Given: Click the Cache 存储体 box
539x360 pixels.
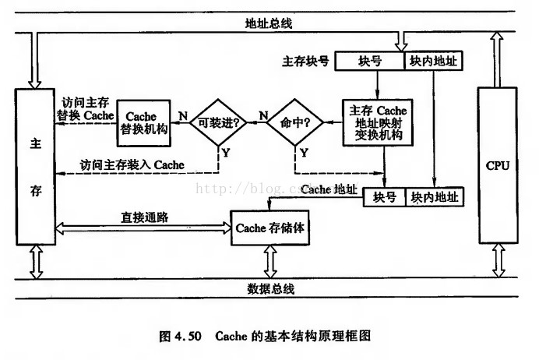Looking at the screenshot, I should tap(270, 228).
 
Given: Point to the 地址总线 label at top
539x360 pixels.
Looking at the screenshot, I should tap(269, 23).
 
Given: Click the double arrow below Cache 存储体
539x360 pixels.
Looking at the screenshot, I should tap(270, 261).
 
